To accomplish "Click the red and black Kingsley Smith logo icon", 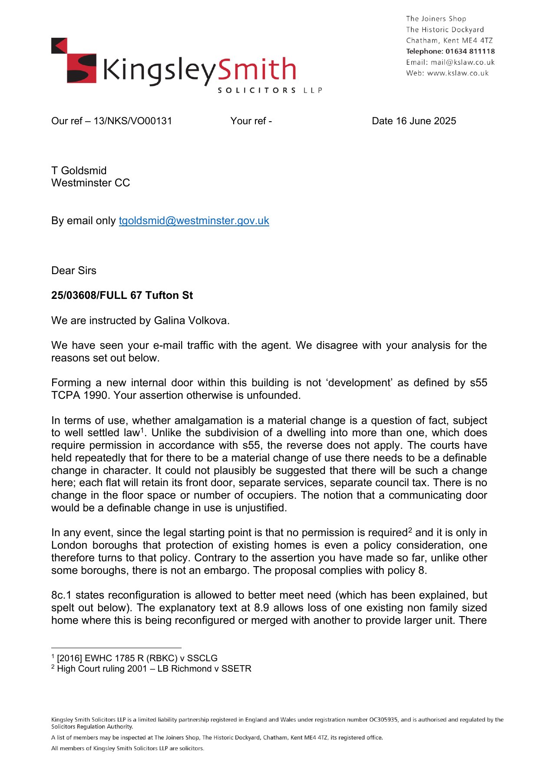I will (73, 60).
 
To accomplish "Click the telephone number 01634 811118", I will (470, 51).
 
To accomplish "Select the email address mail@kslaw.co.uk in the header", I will (463, 62).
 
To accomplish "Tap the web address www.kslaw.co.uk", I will (458, 73).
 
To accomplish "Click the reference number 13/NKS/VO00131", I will (133, 121).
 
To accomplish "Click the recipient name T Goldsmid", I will (79, 171).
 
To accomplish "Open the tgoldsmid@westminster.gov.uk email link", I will (194, 221).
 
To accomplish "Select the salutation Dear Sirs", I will (74, 271).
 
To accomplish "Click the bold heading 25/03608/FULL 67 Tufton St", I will (122, 295).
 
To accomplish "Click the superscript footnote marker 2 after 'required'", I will (410, 530).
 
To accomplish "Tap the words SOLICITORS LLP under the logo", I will (270, 90).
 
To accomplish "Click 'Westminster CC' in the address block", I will (90, 183).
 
